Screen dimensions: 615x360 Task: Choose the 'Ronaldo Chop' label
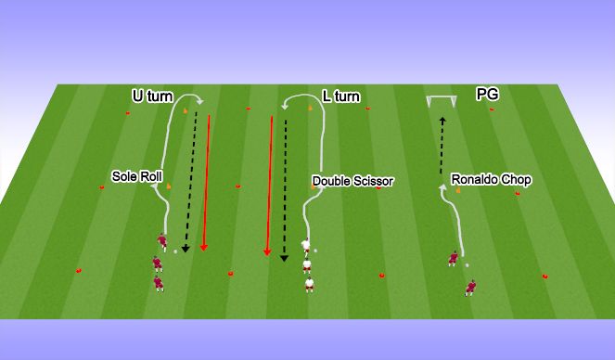click(491, 180)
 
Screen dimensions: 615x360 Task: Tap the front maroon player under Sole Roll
click(161, 244)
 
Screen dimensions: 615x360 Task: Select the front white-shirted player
click(305, 247)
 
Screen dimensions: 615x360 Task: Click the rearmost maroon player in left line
click(157, 280)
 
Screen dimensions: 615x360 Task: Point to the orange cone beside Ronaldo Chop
click(457, 191)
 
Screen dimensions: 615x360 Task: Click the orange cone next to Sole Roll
click(169, 187)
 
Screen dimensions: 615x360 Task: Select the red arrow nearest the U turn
click(207, 181)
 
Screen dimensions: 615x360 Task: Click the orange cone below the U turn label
click(186, 114)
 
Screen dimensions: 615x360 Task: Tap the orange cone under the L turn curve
click(310, 110)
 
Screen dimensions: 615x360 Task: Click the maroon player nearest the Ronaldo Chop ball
click(453, 257)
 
